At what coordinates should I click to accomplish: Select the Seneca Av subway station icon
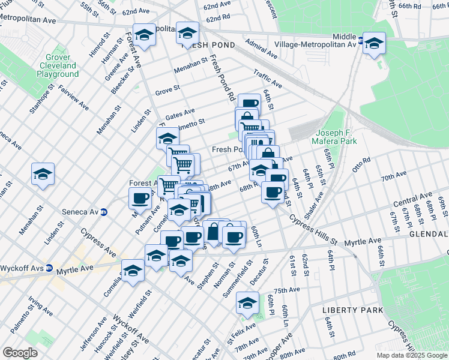pos(103,211)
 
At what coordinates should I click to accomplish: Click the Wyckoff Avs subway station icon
pos(50,268)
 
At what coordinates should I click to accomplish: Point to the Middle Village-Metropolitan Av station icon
pos(360,41)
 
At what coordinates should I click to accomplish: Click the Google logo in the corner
pos(20,353)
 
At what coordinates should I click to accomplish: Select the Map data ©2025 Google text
pos(411,355)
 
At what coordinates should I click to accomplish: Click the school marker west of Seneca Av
pos(43,174)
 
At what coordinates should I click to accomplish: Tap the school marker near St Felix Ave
pos(247,303)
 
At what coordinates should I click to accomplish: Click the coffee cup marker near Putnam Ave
pos(140,197)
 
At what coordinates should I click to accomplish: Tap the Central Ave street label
pos(413,198)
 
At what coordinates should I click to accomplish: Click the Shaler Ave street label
pos(314,204)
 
